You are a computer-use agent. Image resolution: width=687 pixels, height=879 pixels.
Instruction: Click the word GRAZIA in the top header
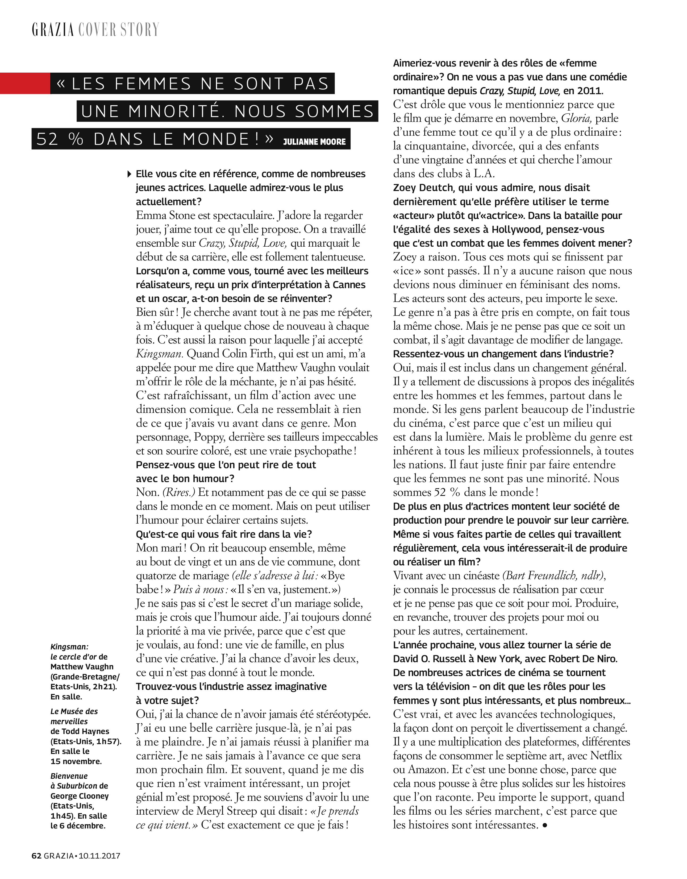point(53,30)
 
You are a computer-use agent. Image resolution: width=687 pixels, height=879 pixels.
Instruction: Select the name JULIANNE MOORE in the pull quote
point(314,142)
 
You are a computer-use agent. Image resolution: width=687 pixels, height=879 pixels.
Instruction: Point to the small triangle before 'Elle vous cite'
point(129,174)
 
